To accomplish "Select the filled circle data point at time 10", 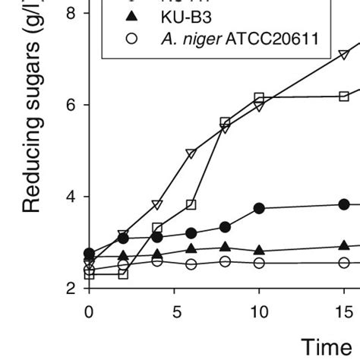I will pyautogui.click(x=259, y=208).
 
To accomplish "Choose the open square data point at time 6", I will pyautogui.click(x=191, y=204).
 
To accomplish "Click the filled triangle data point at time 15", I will pyautogui.click(x=344, y=245).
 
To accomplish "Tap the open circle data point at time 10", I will pyautogui.click(x=259, y=263).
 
